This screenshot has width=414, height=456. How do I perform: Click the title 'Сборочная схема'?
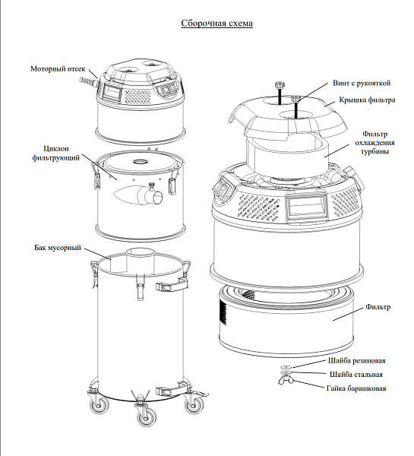[217, 23]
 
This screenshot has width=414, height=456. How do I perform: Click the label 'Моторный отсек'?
[58, 69]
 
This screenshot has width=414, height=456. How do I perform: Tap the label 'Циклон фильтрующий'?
[55, 154]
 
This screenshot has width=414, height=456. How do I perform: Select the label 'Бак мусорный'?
[58, 248]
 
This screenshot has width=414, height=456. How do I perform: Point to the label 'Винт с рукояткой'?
[362, 83]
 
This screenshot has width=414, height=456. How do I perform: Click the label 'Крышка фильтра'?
[367, 100]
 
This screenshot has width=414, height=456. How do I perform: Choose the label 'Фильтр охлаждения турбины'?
[374, 143]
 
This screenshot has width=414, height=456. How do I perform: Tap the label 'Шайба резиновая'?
[357, 360]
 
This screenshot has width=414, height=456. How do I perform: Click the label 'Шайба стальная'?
[356, 374]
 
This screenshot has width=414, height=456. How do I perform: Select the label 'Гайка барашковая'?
[356, 388]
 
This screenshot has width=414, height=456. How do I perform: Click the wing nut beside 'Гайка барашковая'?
[286, 379]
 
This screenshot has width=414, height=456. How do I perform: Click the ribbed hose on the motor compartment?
[87, 81]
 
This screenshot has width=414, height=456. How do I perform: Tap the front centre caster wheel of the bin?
[147, 418]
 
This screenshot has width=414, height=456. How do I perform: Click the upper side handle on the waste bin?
[170, 287]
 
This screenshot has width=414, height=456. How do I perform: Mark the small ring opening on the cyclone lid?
[141, 161]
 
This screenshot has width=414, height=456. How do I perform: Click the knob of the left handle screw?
[280, 86]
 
